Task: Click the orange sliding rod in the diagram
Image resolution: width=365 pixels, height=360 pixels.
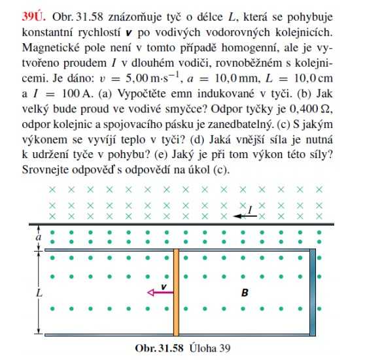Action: [176, 291]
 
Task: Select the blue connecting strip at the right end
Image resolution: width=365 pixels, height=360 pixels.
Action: [314, 291]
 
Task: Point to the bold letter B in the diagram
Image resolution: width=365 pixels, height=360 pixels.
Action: [245, 293]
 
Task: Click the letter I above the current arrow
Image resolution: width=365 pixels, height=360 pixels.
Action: [251, 208]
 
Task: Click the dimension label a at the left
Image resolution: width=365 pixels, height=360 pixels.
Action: [37, 237]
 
